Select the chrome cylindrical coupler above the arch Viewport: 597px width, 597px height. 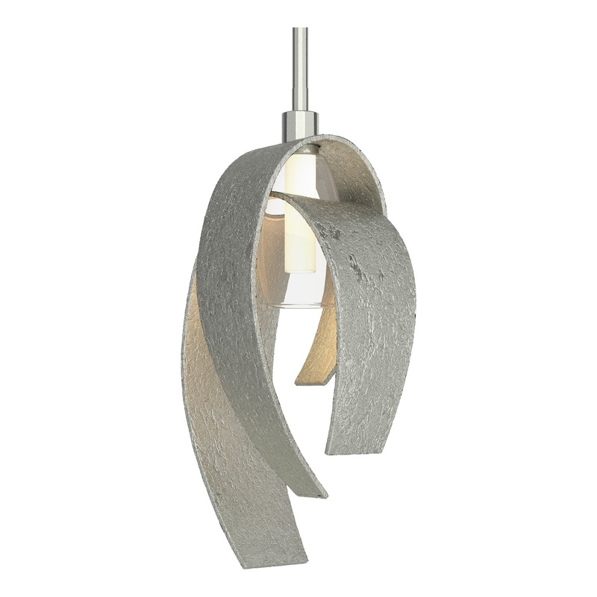click(300, 125)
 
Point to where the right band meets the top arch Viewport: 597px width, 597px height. click(384, 201)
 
